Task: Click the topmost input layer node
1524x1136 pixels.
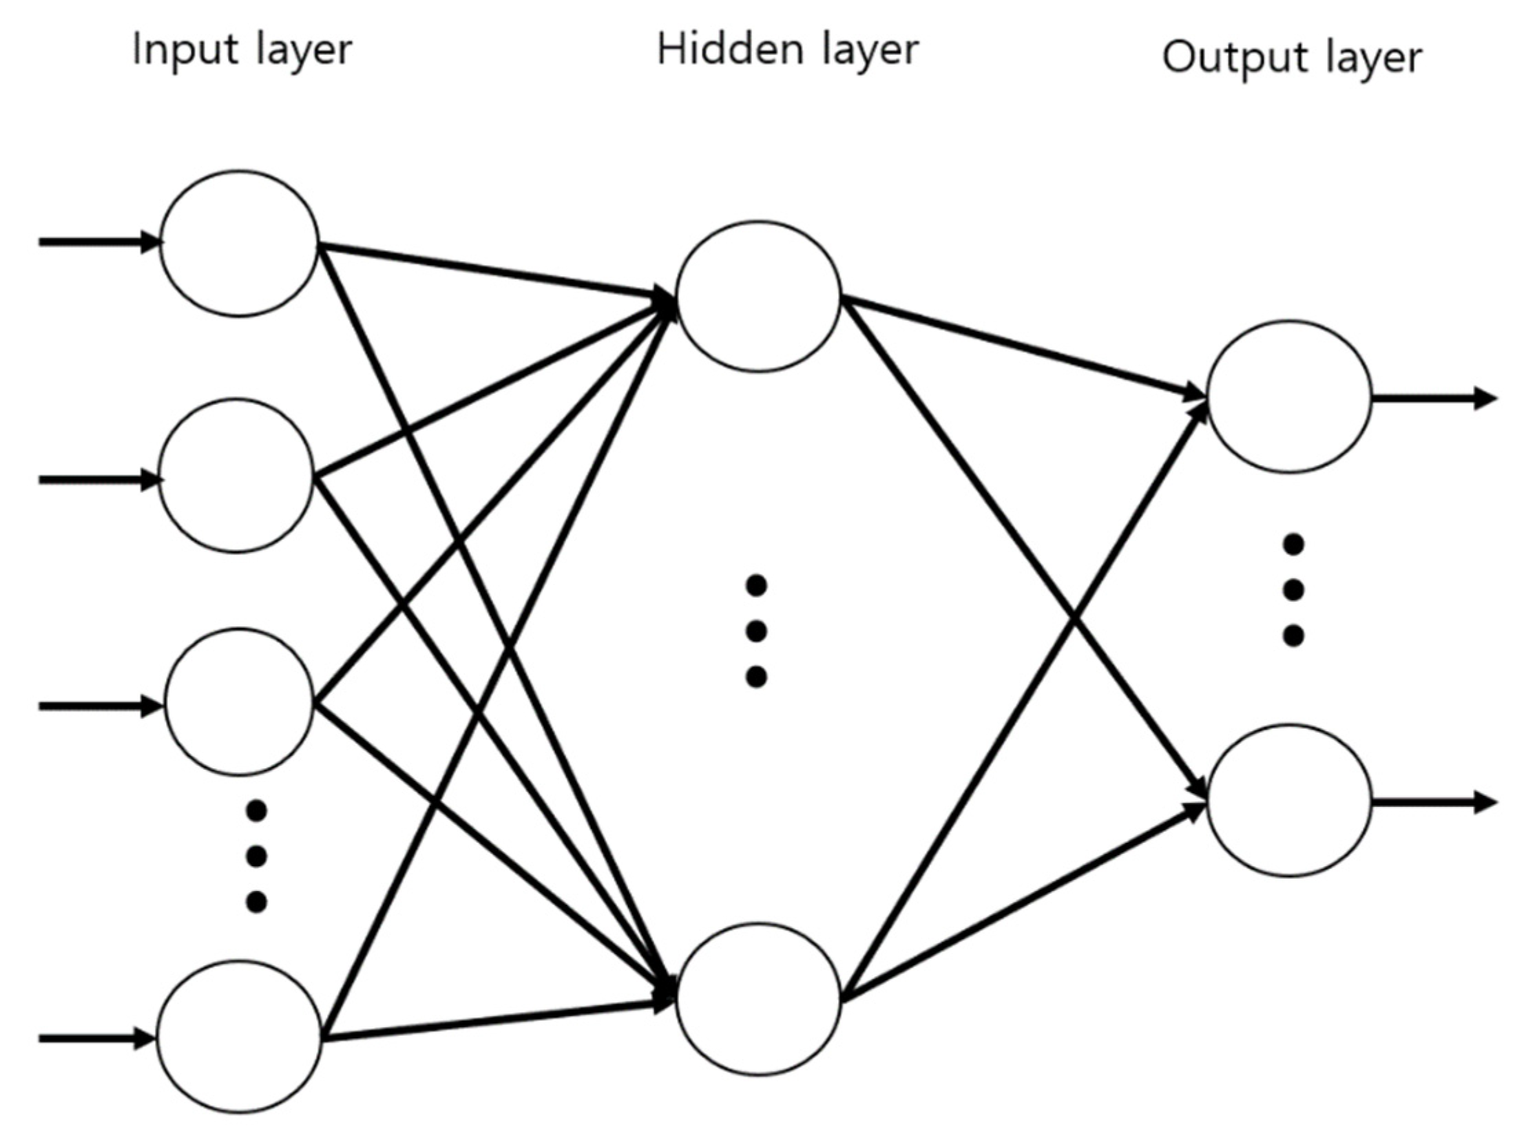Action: click(x=239, y=243)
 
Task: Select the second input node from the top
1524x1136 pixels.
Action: click(x=236, y=476)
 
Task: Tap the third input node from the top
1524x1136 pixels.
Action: click(x=239, y=702)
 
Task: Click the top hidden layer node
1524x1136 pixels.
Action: click(x=758, y=296)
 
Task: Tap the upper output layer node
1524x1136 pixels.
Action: click(x=1289, y=397)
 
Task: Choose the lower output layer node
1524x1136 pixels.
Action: click(x=1289, y=801)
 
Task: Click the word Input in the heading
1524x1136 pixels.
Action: click(x=180, y=50)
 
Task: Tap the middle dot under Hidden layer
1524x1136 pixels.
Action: click(x=756, y=631)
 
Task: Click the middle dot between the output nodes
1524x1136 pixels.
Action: click(x=1293, y=589)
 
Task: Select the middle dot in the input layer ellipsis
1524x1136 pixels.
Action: click(x=256, y=856)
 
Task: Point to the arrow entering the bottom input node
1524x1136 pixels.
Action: click(x=96, y=1038)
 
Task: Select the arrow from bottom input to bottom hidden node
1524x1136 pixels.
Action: click(x=496, y=1020)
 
